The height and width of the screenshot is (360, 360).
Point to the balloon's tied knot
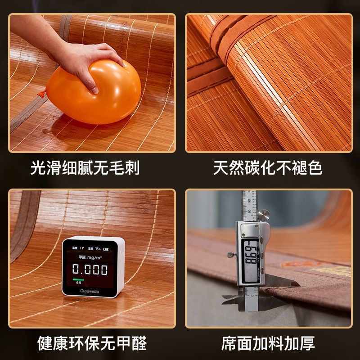click(41, 94)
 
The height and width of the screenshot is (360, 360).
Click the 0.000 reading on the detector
click(90, 270)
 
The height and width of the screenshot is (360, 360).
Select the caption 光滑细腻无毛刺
click(85, 168)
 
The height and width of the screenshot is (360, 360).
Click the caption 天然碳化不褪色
click(268, 168)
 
